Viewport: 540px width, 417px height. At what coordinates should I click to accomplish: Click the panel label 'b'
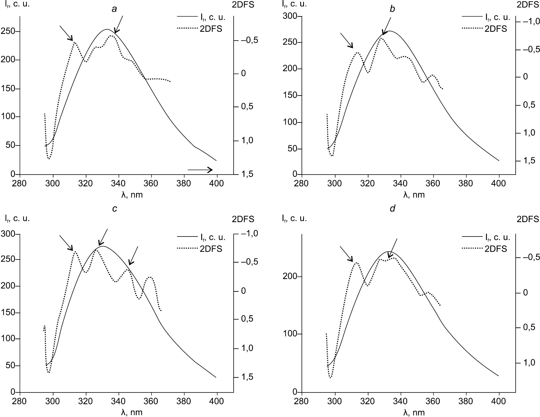tap(392, 9)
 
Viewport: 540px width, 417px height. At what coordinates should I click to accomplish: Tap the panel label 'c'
tap(115, 208)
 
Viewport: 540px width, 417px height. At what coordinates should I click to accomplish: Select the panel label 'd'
tap(392, 208)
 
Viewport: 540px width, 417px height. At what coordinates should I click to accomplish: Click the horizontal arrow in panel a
tap(200, 170)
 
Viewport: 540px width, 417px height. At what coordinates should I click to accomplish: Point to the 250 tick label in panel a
tap(8, 32)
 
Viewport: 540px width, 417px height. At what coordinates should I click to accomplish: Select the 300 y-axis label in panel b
tap(290, 16)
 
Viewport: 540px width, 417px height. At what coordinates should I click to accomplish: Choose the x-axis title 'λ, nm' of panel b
tap(414, 195)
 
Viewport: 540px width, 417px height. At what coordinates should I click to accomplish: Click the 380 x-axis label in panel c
tap(184, 401)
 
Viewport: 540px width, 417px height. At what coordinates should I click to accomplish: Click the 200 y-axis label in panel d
tap(290, 277)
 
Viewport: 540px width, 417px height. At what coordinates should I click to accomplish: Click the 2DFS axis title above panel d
tap(528, 219)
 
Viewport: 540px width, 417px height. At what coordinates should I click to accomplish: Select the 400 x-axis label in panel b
tap(499, 183)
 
